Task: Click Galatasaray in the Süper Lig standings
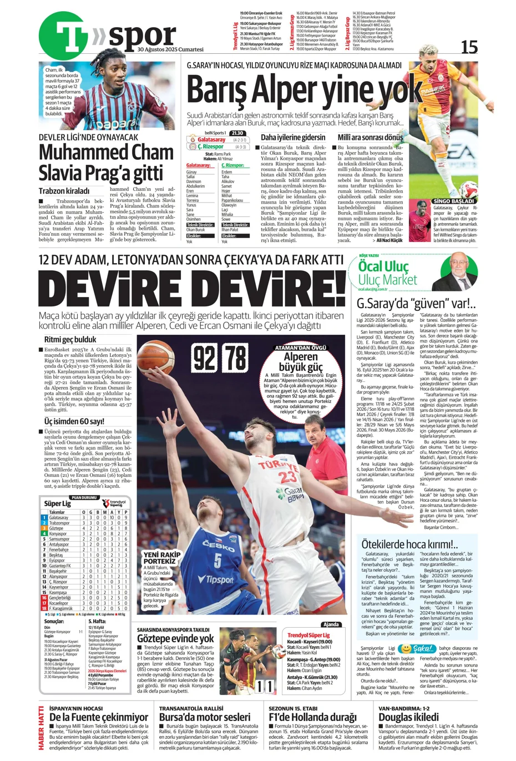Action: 59,517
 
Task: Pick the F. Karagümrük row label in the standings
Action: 60,608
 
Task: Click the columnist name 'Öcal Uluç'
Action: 383,266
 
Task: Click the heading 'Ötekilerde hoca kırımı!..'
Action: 409,544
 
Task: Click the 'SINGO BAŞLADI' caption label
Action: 454,201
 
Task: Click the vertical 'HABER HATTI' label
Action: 41,727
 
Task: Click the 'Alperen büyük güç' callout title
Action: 301,361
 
